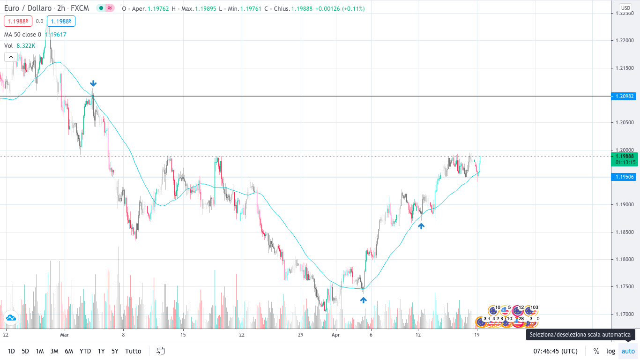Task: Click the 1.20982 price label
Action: point(624,96)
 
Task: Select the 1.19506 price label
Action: point(624,177)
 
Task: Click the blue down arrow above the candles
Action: point(93,83)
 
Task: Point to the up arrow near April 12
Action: point(421,226)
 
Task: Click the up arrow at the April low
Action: point(363,300)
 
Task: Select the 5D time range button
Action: point(25,351)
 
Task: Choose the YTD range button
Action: point(85,351)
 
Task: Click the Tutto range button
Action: point(133,351)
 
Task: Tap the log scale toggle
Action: point(610,351)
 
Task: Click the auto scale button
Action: point(628,351)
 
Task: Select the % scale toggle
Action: point(596,351)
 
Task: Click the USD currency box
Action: point(625,8)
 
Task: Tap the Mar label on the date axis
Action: point(65,335)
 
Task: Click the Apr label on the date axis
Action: point(335,335)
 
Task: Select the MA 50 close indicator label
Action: point(22,34)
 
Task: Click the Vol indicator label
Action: point(8,45)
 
